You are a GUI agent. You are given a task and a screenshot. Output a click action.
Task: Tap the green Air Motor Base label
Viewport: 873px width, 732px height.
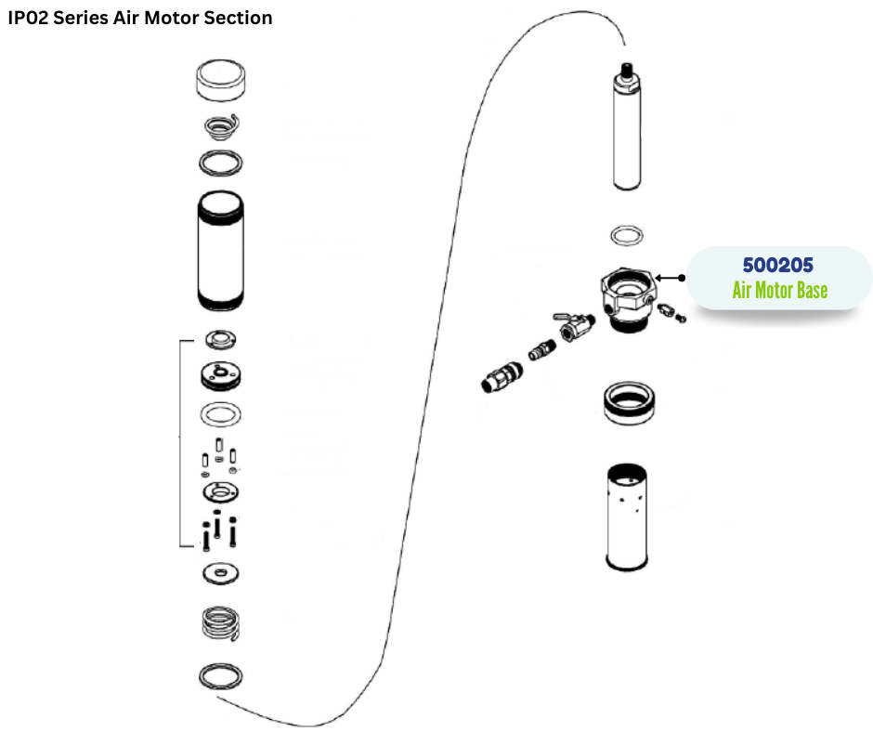click(779, 290)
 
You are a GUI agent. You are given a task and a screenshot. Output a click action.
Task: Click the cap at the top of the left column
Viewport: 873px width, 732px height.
click(222, 81)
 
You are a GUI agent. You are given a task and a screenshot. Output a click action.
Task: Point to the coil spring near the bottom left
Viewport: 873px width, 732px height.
click(222, 623)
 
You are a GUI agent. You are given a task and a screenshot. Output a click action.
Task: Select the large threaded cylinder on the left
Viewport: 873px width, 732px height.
click(222, 251)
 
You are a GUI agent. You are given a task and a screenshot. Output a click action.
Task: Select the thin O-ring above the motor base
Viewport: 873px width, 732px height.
click(628, 234)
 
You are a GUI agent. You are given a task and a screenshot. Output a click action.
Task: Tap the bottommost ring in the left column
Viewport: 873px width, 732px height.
click(222, 676)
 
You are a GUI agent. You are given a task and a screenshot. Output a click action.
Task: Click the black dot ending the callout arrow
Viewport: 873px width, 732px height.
click(683, 277)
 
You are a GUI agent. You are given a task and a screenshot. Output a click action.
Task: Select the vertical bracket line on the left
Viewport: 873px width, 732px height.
click(178, 444)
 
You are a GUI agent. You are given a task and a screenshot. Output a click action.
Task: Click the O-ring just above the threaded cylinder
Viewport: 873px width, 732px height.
click(222, 163)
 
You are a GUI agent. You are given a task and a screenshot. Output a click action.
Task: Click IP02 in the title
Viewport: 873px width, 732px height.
click(29, 18)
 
